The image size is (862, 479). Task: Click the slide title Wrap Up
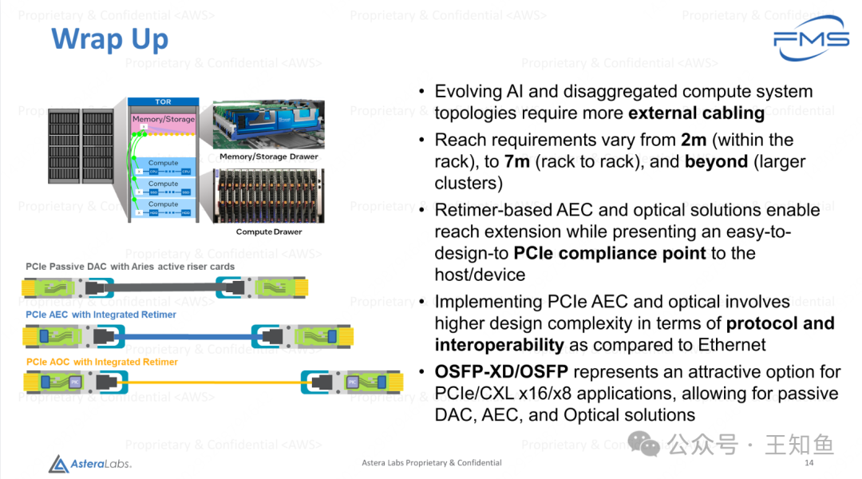click(109, 39)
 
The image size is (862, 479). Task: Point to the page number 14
click(809, 463)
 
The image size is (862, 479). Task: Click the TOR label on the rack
click(163, 102)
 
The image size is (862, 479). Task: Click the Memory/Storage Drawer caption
click(268, 156)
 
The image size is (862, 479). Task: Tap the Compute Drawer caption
click(268, 232)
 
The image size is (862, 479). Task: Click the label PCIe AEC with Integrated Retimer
click(101, 315)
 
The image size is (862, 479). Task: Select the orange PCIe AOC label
click(101, 362)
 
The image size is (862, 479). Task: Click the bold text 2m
click(694, 141)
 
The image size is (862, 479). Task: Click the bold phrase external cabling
click(696, 113)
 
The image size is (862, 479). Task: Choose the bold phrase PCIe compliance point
click(610, 254)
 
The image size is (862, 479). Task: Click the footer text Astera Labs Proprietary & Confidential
click(432, 463)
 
